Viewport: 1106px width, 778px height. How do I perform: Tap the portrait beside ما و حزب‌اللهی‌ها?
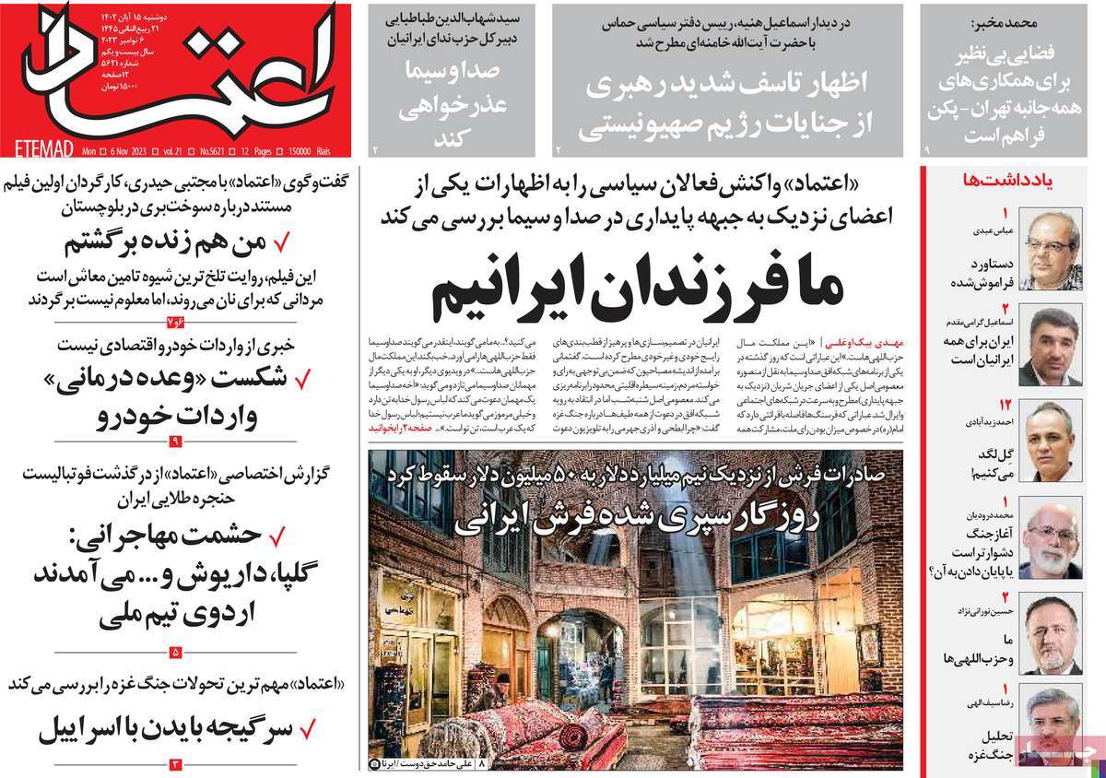coord(1053,636)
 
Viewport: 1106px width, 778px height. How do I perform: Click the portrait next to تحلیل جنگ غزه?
coord(1053,728)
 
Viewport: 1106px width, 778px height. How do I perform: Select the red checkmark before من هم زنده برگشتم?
coord(282,243)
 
